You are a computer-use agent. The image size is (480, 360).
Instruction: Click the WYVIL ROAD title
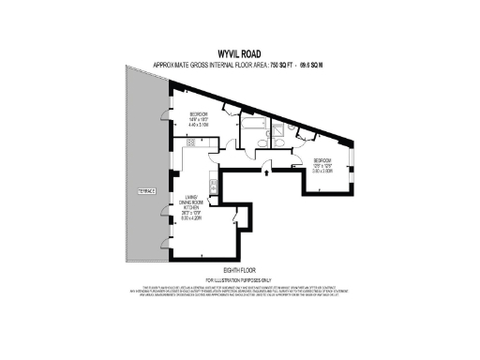[239, 53]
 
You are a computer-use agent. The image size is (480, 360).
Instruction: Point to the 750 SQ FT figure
[282, 65]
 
